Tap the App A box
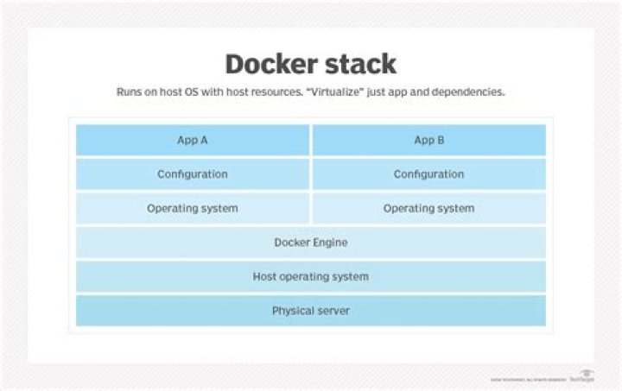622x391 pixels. [x=193, y=140]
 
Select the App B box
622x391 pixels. [x=428, y=140]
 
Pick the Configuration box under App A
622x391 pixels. [x=193, y=174]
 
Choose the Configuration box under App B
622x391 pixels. [x=428, y=174]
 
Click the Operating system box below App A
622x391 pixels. [x=193, y=208]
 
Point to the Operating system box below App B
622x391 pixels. [x=428, y=208]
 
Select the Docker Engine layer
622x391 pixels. [x=311, y=243]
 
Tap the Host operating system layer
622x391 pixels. [x=311, y=276]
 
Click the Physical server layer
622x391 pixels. [x=311, y=311]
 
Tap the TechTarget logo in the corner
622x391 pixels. [x=581, y=375]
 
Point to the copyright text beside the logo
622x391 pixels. [x=528, y=379]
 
